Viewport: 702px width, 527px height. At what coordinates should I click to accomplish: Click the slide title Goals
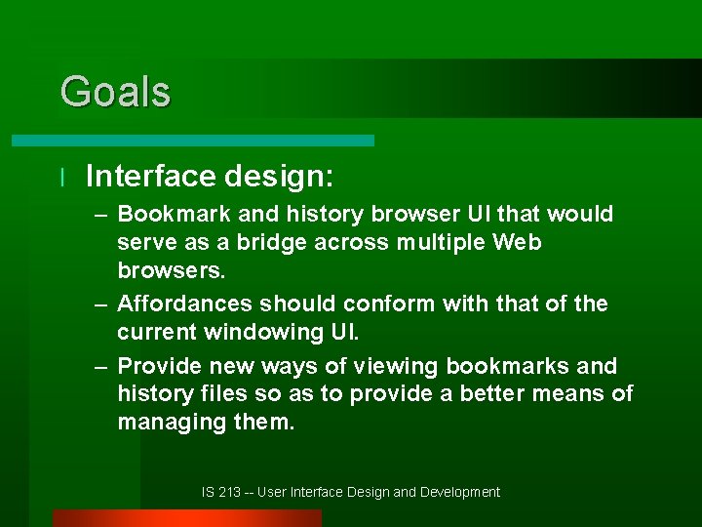point(115,92)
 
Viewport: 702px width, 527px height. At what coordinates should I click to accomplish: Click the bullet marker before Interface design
point(61,177)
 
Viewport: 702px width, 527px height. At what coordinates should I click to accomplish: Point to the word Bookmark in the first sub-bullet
point(175,214)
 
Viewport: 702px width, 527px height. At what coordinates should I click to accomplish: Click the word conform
point(394,304)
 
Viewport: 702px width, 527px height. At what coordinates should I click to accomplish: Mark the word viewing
point(395,366)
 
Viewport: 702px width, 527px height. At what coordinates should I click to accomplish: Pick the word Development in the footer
point(460,493)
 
